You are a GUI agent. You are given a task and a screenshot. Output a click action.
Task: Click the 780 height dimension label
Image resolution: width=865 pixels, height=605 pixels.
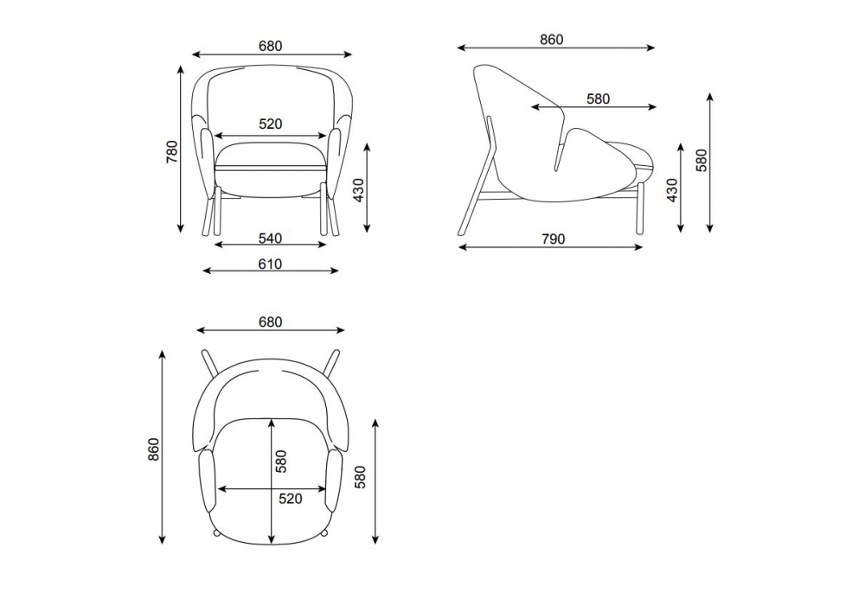click(172, 151)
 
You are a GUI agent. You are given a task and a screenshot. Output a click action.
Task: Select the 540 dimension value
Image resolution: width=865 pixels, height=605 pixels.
click(270, 238)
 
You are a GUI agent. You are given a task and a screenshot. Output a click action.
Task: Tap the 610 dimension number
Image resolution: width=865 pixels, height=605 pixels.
click(270, 264)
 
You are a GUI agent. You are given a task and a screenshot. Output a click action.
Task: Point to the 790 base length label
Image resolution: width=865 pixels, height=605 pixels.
click(554, 239)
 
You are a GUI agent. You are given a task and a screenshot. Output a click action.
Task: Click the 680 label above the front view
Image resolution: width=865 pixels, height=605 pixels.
click(270, 46)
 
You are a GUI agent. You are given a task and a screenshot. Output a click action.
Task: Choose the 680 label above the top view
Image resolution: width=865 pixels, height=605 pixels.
click(270, 322)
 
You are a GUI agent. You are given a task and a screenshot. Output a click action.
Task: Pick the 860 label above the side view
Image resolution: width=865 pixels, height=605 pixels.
click(552, 40)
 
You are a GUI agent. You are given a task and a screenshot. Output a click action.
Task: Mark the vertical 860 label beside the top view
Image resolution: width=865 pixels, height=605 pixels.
click(154, 449)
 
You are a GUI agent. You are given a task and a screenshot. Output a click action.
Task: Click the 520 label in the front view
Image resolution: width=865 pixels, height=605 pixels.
click(270, 124)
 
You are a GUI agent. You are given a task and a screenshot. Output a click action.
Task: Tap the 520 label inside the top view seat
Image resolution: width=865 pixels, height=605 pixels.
click(290, 499)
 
